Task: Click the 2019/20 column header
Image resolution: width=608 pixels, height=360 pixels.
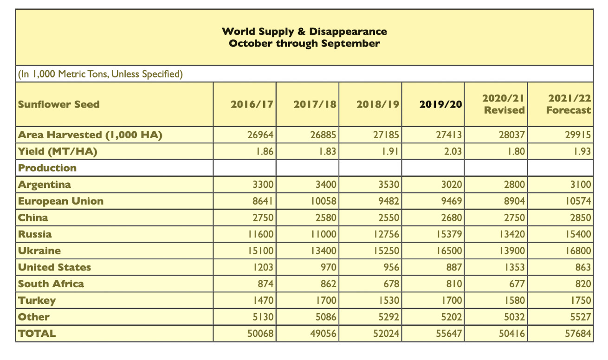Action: tap(440, 104)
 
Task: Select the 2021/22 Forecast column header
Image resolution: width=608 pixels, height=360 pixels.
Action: tap(569, 104)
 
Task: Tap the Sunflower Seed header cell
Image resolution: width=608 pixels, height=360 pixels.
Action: tap(58, 104)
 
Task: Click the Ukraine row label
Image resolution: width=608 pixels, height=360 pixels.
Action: tap(39, 251)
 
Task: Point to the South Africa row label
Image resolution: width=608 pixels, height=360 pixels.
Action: tap(51, 284)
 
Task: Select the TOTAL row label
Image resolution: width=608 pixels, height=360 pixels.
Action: tap(37, 334)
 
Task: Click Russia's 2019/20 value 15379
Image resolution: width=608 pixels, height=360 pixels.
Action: tap(449, 234)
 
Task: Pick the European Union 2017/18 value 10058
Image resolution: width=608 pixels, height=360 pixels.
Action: tap(323, 201)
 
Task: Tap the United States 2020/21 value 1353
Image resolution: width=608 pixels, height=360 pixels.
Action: tap(514, 267)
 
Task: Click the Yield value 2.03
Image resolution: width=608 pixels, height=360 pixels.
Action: tap(453, 151)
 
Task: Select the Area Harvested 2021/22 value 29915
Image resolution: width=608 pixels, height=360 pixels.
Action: tap(578, 135)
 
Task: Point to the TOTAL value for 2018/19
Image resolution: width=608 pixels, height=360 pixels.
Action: tap(386, 334)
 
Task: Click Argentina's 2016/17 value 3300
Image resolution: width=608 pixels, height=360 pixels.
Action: tap(263, 185)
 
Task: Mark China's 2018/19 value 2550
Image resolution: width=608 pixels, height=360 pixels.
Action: tap(388, 218)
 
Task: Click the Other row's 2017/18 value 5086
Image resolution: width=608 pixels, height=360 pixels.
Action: tap(326, 317)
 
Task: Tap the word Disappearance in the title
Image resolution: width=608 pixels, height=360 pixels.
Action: tap(348, 32)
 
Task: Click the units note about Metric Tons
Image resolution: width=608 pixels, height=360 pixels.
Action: tap(100, 74)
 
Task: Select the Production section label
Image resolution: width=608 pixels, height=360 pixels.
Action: tap(47, 168)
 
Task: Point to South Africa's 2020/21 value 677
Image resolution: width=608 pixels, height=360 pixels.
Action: tap(517, 284)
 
